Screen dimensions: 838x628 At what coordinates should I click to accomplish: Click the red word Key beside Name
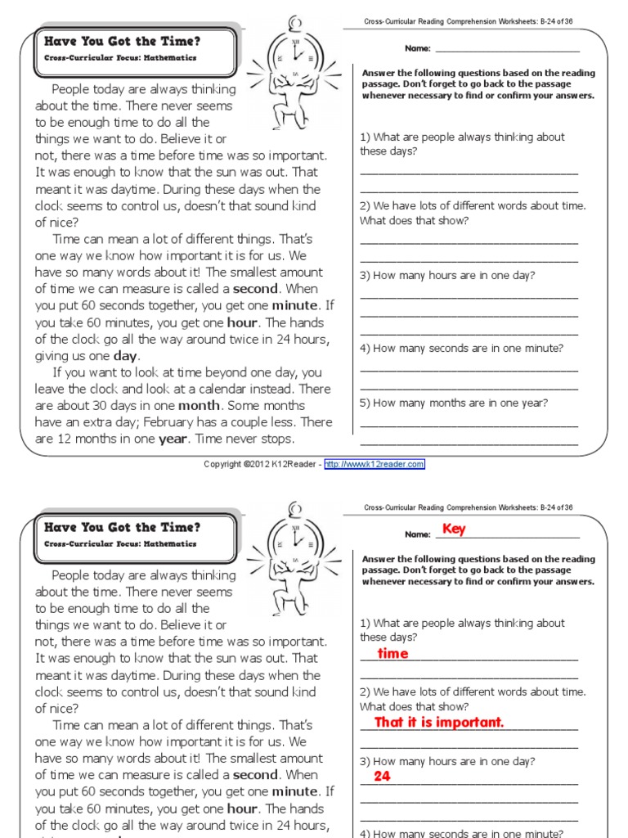pyautogui.click(x=453, y=529)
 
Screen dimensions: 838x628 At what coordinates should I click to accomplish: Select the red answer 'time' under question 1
pyautogui.click(x=392, y=654)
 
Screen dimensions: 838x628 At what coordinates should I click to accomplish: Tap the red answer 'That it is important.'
pyautogui.click(x=439, y=723)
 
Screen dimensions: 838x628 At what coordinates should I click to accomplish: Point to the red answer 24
pyautogui.click(x=382, y=777)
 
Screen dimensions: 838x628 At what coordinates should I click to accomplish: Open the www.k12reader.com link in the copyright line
pyautogui.click(x=375, y=464)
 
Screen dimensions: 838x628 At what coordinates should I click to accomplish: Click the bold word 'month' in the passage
pyautogui.click(x=200, y=406)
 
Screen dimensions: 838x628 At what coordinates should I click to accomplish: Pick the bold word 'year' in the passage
pyautogui.click(x=173, y=439)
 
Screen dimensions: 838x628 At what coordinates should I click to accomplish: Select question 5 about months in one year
pyautogui.click(x=454, y=403)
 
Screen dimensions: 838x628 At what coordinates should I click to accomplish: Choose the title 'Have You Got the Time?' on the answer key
pyautogui.click(x=122, y=527)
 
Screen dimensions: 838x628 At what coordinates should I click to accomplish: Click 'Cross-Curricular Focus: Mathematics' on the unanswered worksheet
pyautogui.click(x=120, y=58)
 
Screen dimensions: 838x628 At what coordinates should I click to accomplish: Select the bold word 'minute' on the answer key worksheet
pyautogui.click(x=294, y=791)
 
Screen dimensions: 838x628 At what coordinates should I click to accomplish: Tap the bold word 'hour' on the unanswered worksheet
pyautogui.click(x=242, y=322)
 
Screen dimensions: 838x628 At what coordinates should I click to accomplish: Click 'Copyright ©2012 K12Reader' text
pyautogui.click(x=262, y=464)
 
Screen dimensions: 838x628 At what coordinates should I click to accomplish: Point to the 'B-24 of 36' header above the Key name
pyautogui.click(x=556, y=507)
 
